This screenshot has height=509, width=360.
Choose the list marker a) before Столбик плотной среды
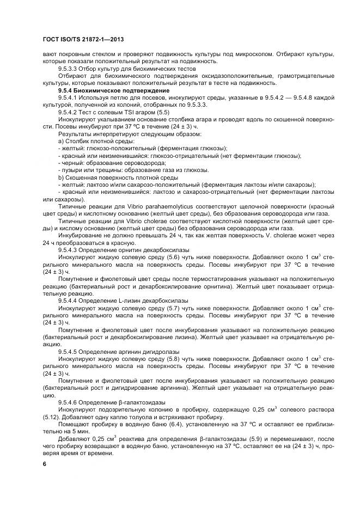point(60,142)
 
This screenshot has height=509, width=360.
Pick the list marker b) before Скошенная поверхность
point(60,177)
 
